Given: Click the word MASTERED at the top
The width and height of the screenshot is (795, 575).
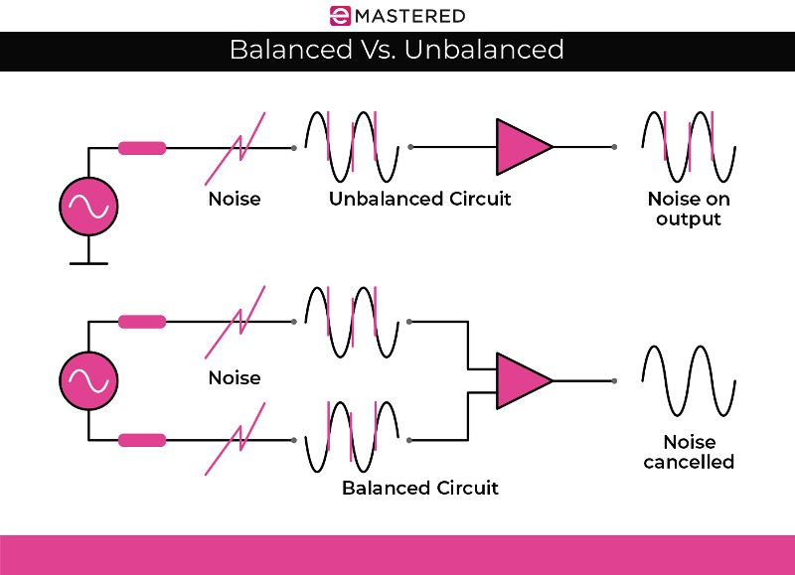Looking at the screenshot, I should (412, 15).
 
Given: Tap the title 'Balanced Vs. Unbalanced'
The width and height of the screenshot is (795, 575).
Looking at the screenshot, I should (397, 50).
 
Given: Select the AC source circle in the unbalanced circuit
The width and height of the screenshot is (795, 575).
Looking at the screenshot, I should (88, 207).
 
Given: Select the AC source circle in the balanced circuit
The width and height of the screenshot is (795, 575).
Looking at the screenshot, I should (88, 380).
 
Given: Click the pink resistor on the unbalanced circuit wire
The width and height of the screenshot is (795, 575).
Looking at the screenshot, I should (141, 148).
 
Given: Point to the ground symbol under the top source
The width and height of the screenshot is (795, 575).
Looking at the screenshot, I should (88, 260).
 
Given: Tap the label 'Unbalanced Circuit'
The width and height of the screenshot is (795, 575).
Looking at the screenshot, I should (419, 199).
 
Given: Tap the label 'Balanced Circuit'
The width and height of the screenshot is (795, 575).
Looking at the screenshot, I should (419, 488).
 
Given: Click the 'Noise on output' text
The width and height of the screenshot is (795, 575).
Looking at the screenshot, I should (688, 209).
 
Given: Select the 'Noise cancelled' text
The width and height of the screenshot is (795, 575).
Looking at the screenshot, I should (688, 452).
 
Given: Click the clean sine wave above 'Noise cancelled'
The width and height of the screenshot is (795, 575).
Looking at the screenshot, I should (688, 380).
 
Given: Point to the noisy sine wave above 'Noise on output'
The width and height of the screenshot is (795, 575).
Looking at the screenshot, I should (688, 146).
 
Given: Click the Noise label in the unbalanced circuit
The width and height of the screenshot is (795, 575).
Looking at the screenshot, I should (235, 199).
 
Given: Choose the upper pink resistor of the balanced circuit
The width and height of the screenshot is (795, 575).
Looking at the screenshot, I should (141, 322).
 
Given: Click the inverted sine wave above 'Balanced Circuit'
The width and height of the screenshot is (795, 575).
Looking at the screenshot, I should (352, 438).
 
